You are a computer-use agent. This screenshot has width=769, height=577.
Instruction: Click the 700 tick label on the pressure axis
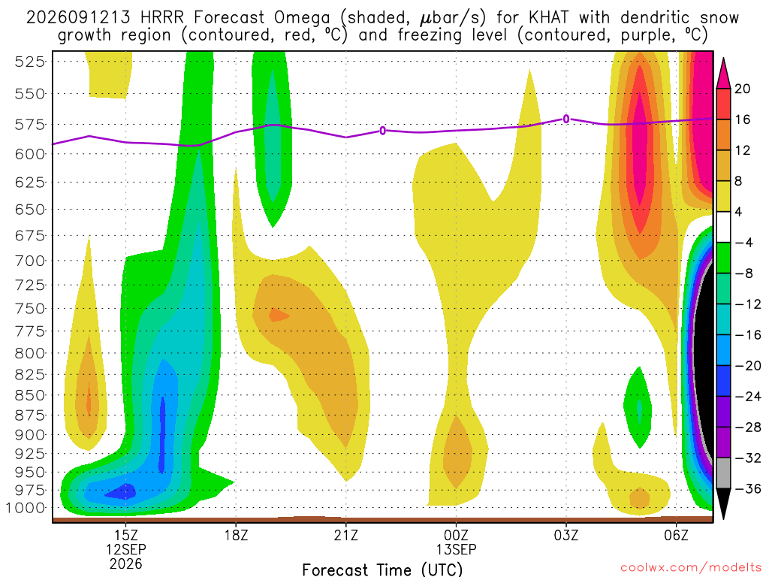pos(30,261)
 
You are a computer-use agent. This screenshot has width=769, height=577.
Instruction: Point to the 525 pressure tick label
pos(30,62)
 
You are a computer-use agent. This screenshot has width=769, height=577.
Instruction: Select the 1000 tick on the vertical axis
pos(26,508)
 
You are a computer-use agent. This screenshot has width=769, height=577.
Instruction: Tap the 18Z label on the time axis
pos(237,535)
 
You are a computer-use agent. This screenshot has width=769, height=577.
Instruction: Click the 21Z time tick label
pos(346,535)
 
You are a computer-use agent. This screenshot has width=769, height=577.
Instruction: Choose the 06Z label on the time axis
pos(677,535)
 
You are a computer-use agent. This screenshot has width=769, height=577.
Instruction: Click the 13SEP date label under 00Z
pos(456,549)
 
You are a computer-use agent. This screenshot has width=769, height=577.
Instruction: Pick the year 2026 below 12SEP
pos(126,564)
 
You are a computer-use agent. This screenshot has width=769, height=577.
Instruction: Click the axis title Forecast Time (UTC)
pos(382,569)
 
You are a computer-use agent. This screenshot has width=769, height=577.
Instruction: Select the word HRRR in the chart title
pos(162,18)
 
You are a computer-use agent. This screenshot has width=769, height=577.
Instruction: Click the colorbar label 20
pos(742,89)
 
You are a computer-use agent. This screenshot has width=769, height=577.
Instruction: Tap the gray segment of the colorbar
pos(723,473)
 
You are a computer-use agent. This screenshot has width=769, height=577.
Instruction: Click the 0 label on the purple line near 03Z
pos(566,119)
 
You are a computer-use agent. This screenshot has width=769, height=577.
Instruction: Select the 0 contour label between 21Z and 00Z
pos(382,131)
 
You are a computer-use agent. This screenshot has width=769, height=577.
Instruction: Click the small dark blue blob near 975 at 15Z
pos(122,491)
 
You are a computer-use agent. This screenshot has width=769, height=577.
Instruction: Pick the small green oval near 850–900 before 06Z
pos(638,407)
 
